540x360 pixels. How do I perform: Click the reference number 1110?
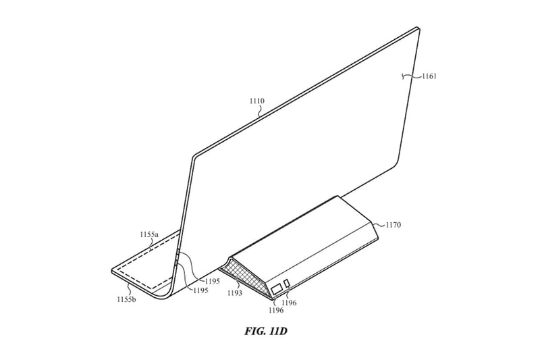pyautogui.click(x=257, y=101)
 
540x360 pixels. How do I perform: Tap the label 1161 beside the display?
pyautogui.click(x=429, y=76)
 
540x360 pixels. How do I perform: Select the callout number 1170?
pyautogui.click(x=393, y=226)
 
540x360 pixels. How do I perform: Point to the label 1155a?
pyautogui.click(x=148, y=234)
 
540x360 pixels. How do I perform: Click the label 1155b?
pyautogui.click(x=126, y=299)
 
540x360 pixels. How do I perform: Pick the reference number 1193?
pyautogui.click(x=234, y=293)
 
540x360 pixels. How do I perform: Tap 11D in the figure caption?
pyautogui.click(x=278, y=332)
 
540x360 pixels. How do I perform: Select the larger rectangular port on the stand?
pyautogui.click(x=277, y=290)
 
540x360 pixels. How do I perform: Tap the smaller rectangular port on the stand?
pyautogui.click(x=287, y=284)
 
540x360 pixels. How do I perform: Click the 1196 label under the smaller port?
pyautogui.click(x=289, y=303)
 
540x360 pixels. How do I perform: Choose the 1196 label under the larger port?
pyautogui.click(x=276, y=310)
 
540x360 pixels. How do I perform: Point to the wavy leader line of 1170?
pyautogui.click(x=380, y=224)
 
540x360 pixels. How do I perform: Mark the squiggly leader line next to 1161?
pyautogui.click(x=412, y=76)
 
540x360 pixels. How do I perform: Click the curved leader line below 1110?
pyautogui.click(x=261, y=109)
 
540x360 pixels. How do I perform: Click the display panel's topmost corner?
pyautogui.click(x=418, y=27)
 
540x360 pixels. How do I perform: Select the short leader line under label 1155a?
pyautogui.click(x=150, y=242)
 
